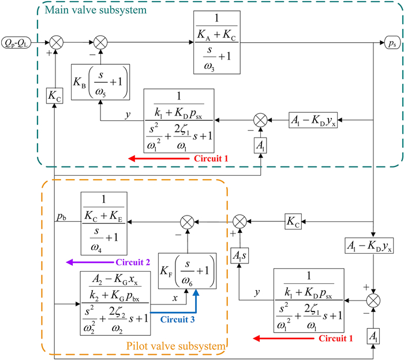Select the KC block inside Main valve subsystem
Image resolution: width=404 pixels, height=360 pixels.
click(x=54, y=94)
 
